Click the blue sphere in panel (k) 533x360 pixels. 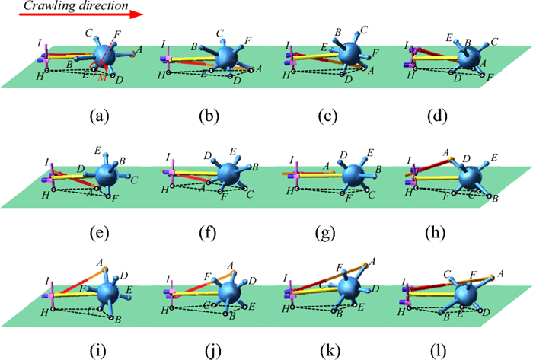(x=349, y=289)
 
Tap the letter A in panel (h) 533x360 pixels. (x=445, y=151)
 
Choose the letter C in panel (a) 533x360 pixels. (x=88, y=32)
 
